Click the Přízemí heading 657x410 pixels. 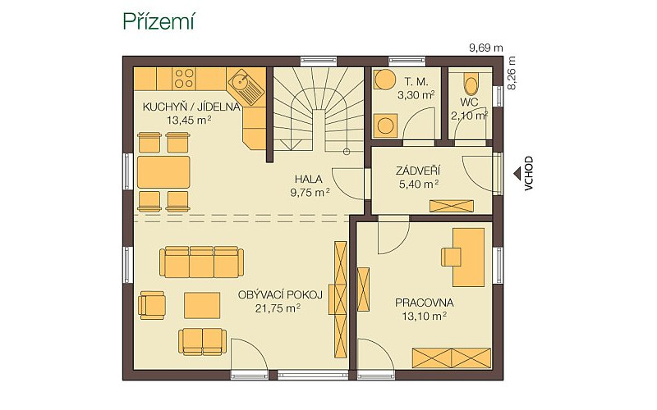coord(159,21)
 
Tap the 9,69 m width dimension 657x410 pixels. coord(486,48)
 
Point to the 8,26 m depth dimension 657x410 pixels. coord(511,73)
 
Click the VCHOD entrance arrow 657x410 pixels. coord(518,173)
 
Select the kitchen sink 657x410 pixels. coord(240,80)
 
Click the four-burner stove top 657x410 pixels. coord(185,78)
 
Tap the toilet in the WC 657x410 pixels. coord(471,84)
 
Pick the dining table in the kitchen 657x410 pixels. coord(163,172)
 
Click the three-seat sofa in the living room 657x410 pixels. coord(201,262)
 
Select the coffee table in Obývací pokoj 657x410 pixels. coord(202,305)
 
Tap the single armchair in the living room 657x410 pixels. coord(152,304)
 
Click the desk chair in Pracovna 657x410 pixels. coord(451,256)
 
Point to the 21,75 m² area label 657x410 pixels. coord(278,309)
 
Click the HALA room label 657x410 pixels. coord(309,180)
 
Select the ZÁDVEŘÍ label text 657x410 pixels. coord(418,171)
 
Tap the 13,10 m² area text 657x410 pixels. coord(424,317)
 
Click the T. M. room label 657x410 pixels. coord(416,82)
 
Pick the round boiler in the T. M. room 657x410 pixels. coord(384,80)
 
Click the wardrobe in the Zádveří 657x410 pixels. coord(452,207)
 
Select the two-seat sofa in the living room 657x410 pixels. coord(202,342)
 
